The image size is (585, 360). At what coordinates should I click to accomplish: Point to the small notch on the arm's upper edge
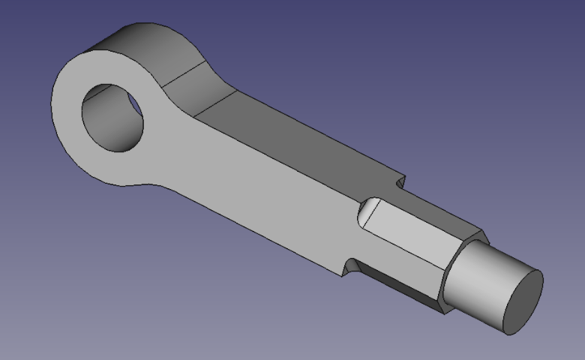click(399, 182)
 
